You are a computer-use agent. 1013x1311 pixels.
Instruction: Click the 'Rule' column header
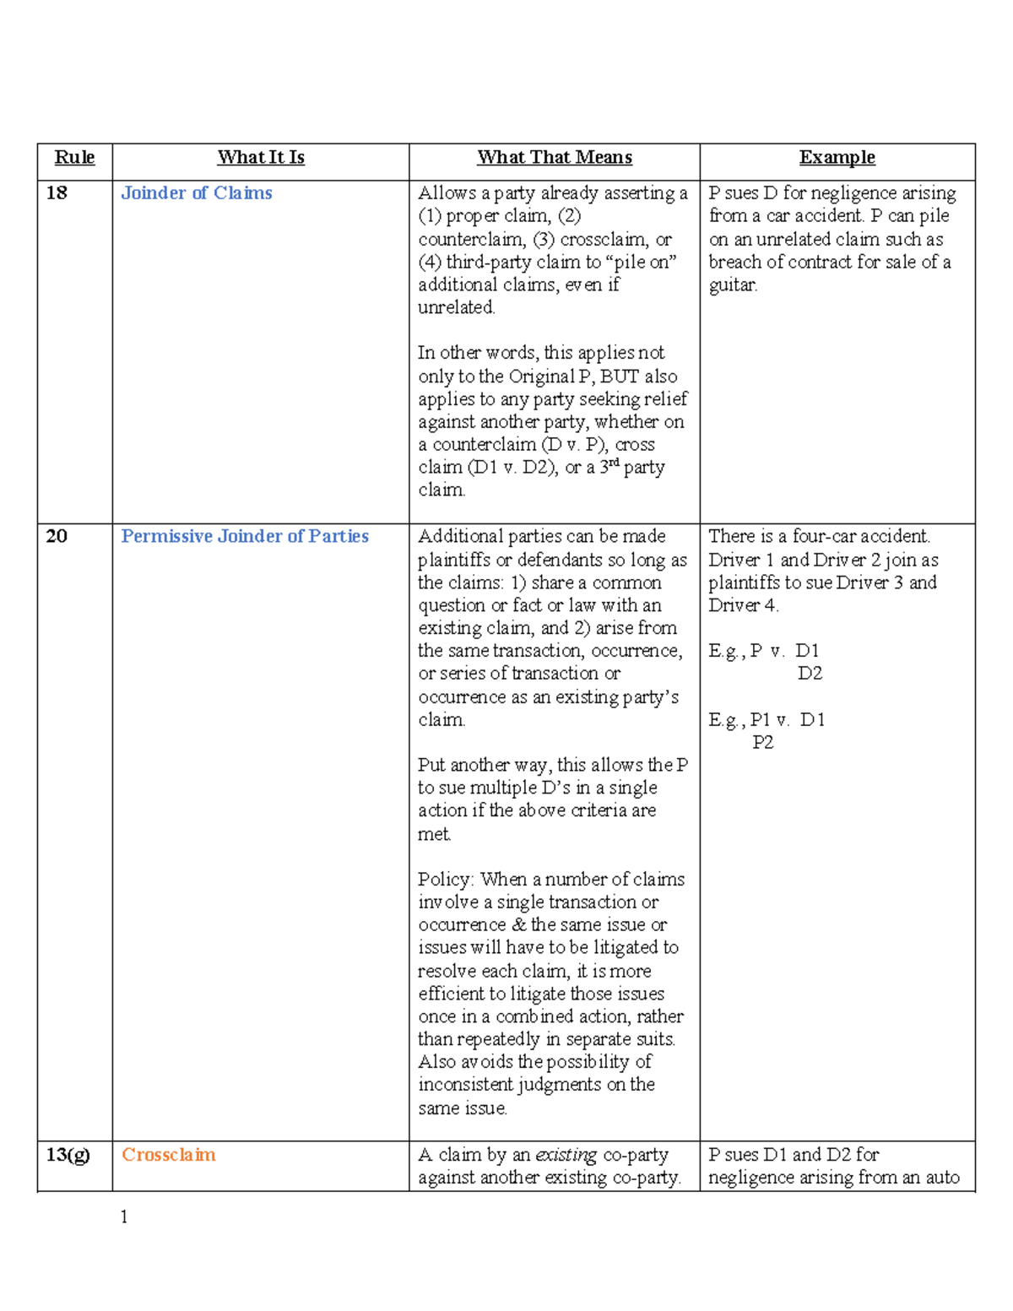(x=74, y=158)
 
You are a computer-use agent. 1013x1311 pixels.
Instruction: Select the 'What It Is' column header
(x=261, y=158)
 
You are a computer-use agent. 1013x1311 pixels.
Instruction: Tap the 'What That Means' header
(x=555, y=158)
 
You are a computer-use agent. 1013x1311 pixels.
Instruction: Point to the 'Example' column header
(x=837, y=158)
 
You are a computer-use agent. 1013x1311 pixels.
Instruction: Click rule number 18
(x=57, y=193)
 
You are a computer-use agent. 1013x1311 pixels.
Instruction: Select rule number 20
(x=57, y=537)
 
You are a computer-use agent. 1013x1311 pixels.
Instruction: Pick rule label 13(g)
(x=68, y=1155)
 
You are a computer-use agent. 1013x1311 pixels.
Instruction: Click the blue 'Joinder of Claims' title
(x=197, y=193)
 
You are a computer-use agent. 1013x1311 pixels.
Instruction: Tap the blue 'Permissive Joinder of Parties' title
(x=245, y=537)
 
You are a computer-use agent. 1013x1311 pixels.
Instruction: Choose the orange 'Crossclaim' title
(x=169, y=1155)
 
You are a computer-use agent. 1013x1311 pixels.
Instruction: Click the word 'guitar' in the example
(x=732, y=285)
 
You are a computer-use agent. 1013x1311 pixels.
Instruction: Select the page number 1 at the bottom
(x=124, y=1216)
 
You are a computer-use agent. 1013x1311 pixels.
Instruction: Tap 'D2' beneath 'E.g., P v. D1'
(x=810, y=674)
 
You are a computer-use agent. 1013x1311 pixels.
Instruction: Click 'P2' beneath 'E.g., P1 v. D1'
(x=762, y=743)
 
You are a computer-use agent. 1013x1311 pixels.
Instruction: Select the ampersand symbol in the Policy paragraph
(x=518, y=925)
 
